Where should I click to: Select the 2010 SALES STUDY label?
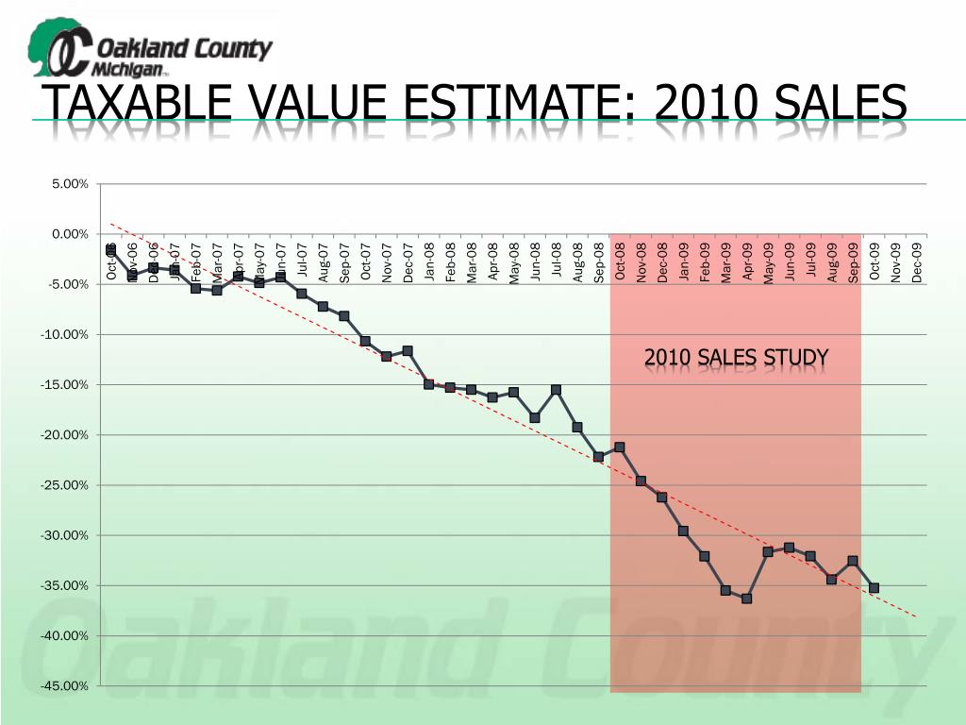click(x=736, y=358)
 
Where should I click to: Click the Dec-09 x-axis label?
click(x=917, y=261)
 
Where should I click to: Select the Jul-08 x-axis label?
click(x=557, y=261)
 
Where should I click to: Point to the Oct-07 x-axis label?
click(x=365, y=261)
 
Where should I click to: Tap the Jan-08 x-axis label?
click(x=429, y=261)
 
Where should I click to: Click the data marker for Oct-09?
click(x=874, y=587)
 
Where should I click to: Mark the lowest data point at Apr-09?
click(x=746, y=599)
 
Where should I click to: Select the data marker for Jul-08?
click(x=556, y=390)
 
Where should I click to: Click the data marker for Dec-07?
click(x=408, y=350)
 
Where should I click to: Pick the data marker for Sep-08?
click(x=598, y=457)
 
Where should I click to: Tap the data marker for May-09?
click(x=768, y=551)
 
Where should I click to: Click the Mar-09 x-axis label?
click(x=726, y=261)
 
